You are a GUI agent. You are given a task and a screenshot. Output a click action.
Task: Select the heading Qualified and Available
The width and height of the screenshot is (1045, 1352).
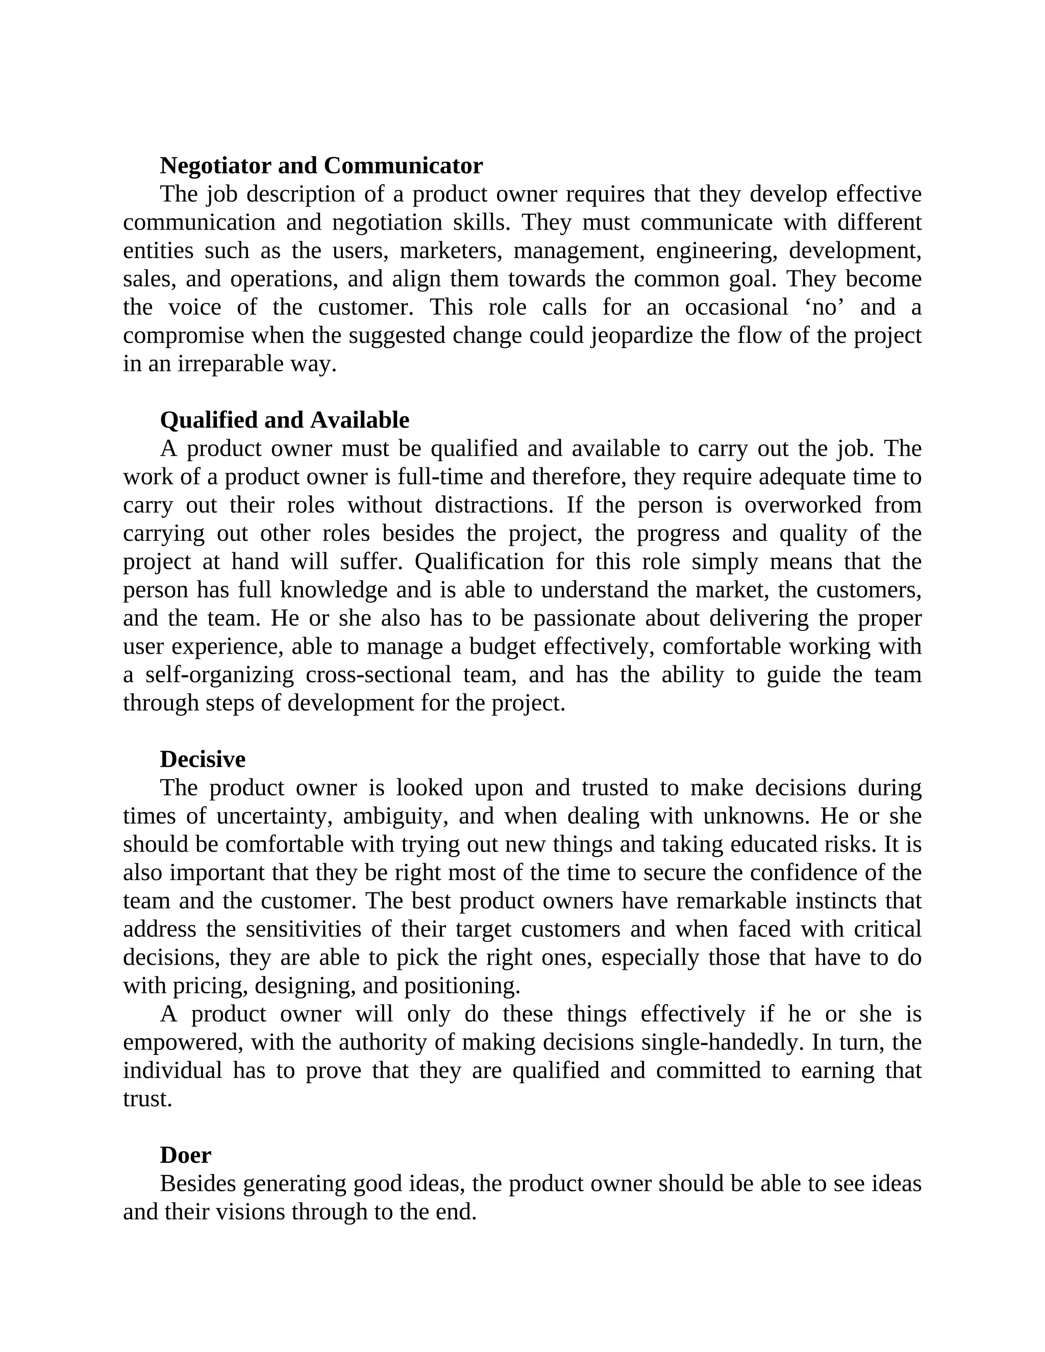(x=284, y=420)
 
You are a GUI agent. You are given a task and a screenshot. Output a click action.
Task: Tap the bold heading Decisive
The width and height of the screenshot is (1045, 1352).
(x=203, y=760)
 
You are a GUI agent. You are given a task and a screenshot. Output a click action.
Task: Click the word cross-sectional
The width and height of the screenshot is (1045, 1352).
(x=378, y=675)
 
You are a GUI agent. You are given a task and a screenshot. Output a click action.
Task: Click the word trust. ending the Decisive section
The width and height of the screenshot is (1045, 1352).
(x=147, y=1099)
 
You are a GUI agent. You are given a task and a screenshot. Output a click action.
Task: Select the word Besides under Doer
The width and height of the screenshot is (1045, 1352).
(x=198, y=1184)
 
